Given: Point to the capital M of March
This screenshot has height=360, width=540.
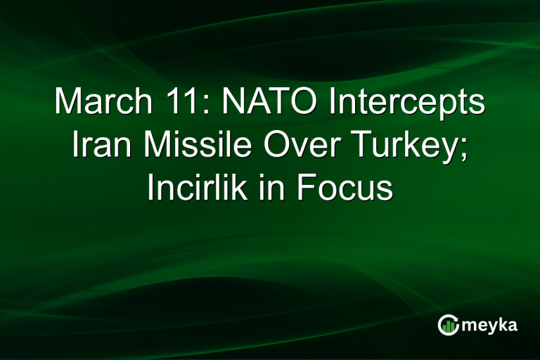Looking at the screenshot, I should pyautogui.click(x=68, y=103).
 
